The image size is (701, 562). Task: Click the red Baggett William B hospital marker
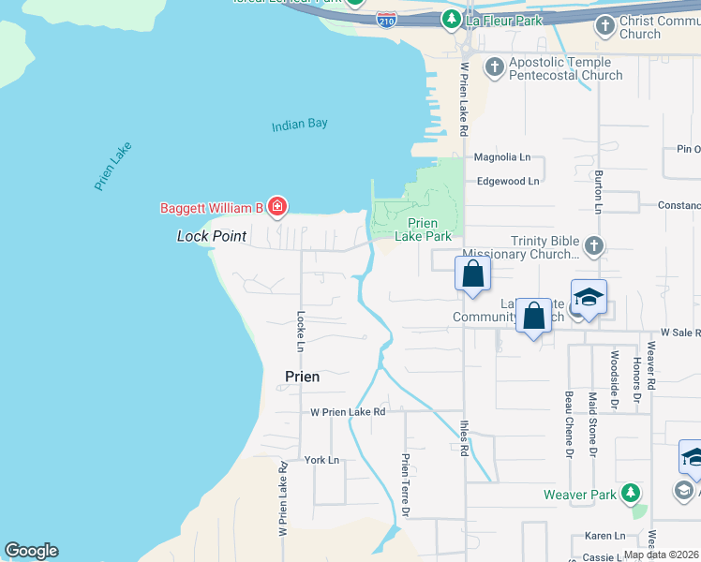pyautogui.click(x=276, y=205)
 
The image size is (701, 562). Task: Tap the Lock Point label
pyautogui.click(x=212, y=236)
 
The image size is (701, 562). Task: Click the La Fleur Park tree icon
pyautogui.click(x=452, y=18)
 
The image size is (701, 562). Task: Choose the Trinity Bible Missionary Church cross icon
pyautogui.click(x=593, y=245)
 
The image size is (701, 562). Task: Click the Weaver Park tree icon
pyautogui.click(x=632, y=493)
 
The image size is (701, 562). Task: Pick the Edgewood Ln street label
pyautogui.click(x=508, y=182)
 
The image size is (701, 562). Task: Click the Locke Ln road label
pyautogui.click(x=301, y=331)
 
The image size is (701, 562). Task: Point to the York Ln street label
pyautogui.click(x=321, y=460)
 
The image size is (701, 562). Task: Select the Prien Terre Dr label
pyautogui.click(x=406, y=485)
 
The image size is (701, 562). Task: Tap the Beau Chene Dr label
pyautogui.click(x=568, y=423)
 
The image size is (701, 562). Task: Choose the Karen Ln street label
pyautogui.click(x=604, y=536)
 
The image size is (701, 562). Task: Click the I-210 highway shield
pyautogui.click(x=385, y=19)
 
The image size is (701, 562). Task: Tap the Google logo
pyautogui.click(x=30, y=551)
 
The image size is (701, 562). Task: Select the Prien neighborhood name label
pyautogui.click(x=302, y=377)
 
